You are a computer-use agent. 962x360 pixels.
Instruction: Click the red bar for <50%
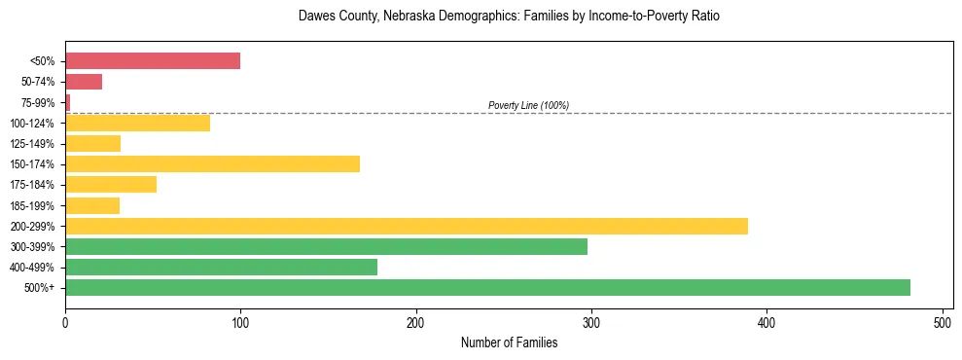[153, 61]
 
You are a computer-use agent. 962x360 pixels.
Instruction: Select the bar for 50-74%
[84, 82]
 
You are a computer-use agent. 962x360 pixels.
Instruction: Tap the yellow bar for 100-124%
[137, 124]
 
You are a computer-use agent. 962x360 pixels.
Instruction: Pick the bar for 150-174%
[212, 164]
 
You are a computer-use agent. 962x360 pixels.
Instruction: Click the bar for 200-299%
[407, 226]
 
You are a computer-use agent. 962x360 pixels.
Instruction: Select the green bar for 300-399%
[326, 247]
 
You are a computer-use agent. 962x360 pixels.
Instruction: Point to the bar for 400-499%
[221, 268]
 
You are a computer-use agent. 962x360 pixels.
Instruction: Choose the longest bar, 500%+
[487, 288]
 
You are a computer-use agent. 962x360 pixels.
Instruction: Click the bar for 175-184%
[111, 185]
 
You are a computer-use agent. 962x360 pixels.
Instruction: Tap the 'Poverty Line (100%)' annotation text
[528, 105]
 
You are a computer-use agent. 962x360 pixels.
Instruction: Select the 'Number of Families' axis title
[509, 342]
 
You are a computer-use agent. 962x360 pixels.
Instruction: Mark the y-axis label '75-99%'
[40, 103]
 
